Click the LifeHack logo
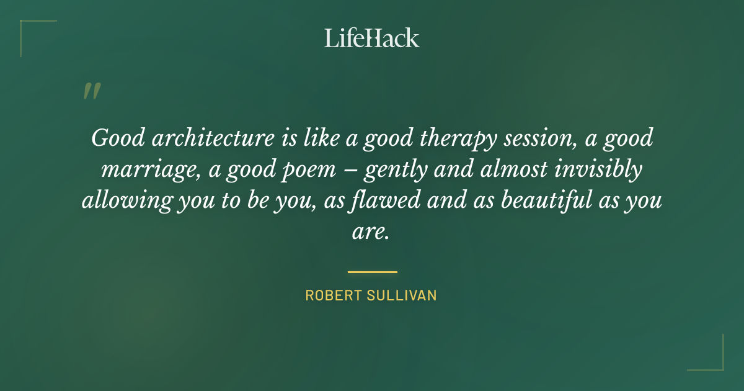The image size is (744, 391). coord(372,38)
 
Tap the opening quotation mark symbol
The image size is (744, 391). coord(91,92)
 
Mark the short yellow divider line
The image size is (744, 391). coord(372,272)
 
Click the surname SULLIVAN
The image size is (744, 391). coord(404,295)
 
